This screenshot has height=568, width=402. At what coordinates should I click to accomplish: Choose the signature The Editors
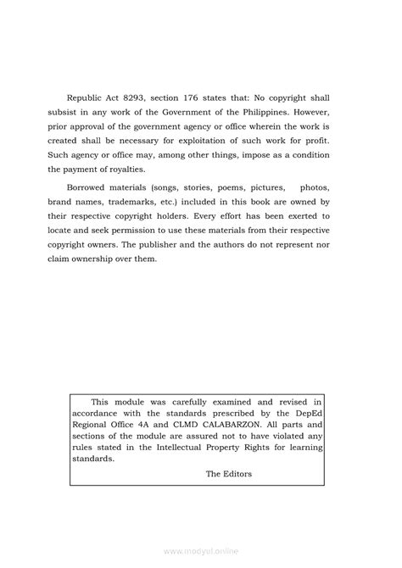coord(229,498)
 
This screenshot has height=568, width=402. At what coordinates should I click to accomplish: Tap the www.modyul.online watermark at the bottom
coord(201,551)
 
